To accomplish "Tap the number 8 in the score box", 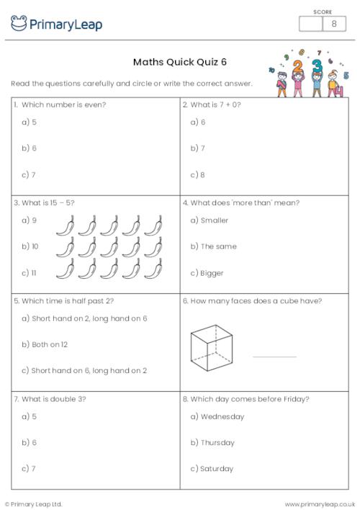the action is pos(333,24).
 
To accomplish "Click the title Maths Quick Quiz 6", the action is pos(180,62).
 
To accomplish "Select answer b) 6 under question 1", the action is pos(30,148).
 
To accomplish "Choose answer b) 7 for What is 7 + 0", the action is pos(198,148).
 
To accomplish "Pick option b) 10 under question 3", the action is pos(30,246).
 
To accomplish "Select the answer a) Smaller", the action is pos(209,220).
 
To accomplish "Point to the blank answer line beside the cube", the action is pos(274,356).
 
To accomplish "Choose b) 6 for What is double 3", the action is pos(30,442).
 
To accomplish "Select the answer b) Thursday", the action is pos(212,442).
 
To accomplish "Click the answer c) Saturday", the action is pos(212,469).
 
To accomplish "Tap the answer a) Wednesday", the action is pos(217,416).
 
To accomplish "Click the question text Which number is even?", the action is pos(63,105).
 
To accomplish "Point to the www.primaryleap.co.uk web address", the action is pos(320,504).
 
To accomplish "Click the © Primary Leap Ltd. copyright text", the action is pos(34,504).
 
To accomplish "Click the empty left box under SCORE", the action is pos(310,24).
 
